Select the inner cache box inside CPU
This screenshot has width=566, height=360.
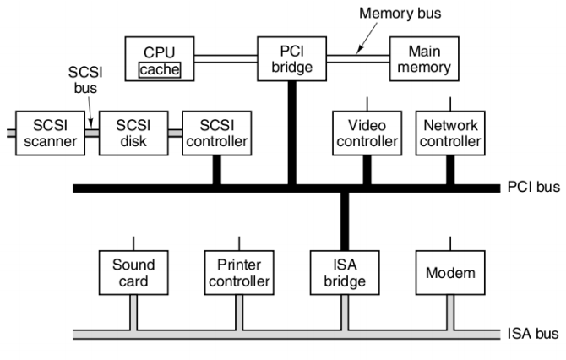click(159, 69)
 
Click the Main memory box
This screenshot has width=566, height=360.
click(421, 58)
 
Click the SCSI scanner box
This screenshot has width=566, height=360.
click(50, 134)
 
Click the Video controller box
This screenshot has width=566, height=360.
click(366, 134)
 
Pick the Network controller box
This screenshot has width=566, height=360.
click(450, 134)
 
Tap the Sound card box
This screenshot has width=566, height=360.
click(133, 272)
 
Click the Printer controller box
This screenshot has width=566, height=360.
click(238, 272)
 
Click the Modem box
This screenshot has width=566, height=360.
click(449, 272)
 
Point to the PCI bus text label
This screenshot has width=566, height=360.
click(534, 187)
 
